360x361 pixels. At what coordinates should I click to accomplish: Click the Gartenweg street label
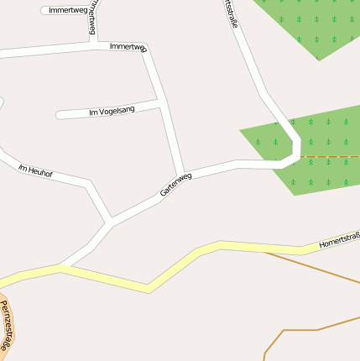point(175,185)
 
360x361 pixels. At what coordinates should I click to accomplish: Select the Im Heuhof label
point(35,170)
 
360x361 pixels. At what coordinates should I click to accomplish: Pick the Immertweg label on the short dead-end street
point(69,10)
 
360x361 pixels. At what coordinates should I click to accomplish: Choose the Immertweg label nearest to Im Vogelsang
point(128,47)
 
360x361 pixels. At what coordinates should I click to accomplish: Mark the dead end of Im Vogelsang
point(59,115)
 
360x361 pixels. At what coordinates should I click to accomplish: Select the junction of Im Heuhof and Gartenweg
point(110,222)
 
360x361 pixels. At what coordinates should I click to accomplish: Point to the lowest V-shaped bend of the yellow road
point(149,288)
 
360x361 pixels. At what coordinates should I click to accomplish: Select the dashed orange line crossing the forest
point(329,157)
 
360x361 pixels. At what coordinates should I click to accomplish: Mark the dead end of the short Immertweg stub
point(44,11)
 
